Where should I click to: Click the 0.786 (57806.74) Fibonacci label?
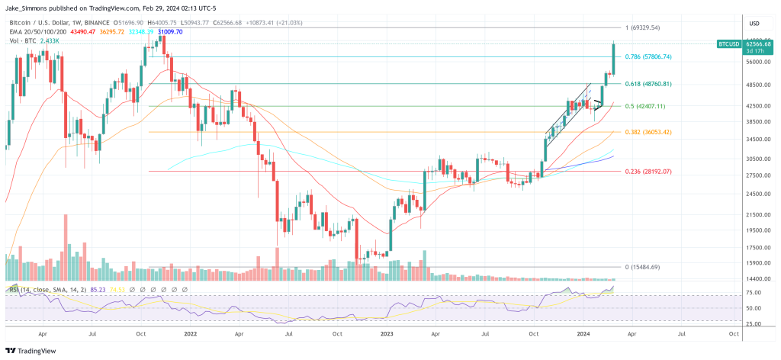pos(648,57)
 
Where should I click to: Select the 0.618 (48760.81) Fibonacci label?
pos(648,84)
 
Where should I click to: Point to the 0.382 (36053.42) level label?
pos(648,132)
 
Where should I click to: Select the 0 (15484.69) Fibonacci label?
pos(642,267)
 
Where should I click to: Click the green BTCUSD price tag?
pos(728,45)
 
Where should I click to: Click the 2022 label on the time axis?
pos(190,333)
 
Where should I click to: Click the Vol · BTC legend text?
pos(22,40)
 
